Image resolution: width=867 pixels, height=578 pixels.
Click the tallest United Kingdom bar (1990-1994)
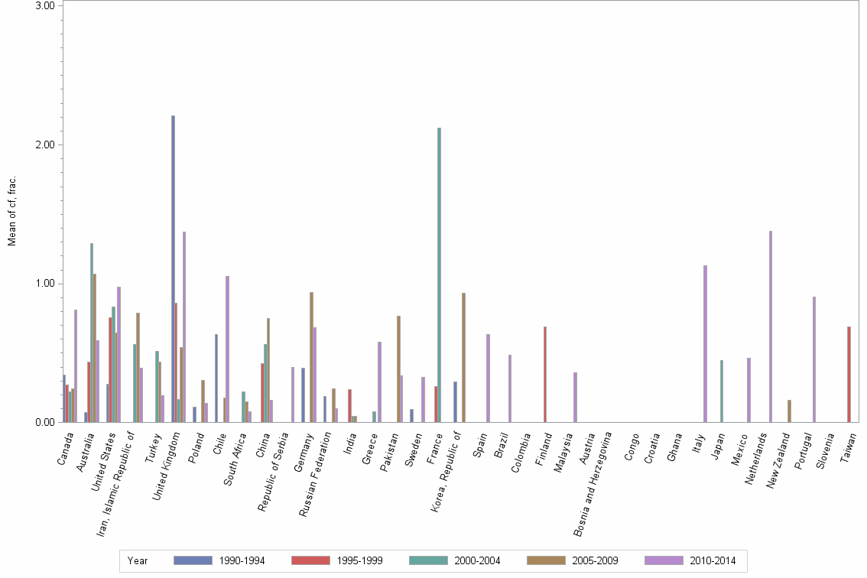[174, 268]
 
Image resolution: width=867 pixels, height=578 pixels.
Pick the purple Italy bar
[705, 343]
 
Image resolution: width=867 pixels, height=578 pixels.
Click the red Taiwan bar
[849, 374]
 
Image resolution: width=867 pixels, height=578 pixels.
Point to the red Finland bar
[544, 374]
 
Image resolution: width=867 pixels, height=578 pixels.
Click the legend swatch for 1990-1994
[193, 560]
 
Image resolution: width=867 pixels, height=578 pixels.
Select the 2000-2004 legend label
[477, 560]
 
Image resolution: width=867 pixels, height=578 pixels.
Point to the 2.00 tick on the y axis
[47, 144]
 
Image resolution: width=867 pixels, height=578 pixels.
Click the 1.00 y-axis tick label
[47, 284]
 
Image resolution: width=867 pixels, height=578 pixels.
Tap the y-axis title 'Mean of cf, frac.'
[11, 211]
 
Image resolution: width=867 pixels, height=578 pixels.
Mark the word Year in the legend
[138, 560]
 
